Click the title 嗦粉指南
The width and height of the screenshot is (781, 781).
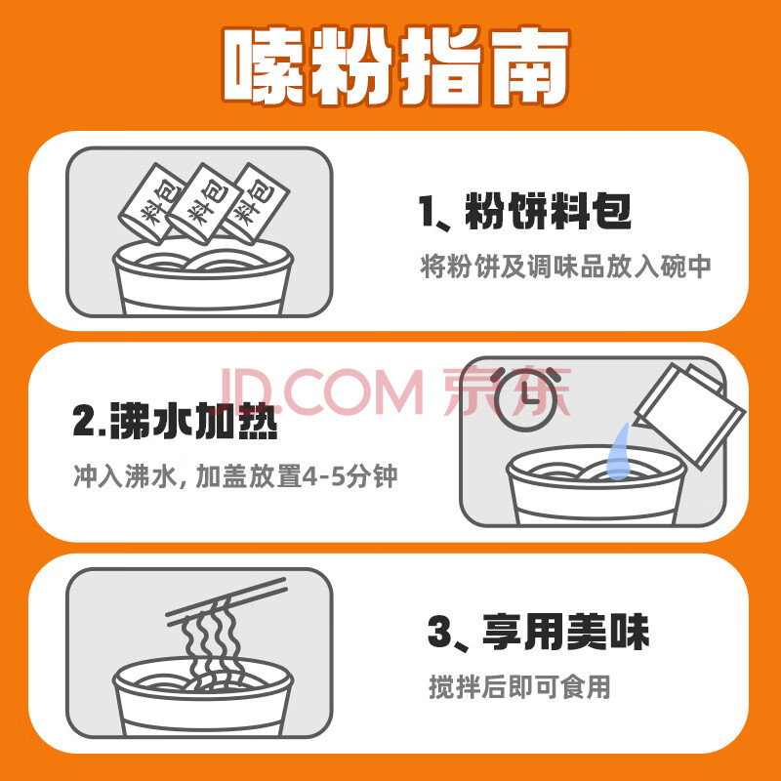[396, 66]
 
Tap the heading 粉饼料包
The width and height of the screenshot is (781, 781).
[549, 211]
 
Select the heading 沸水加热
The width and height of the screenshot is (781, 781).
[193, 421]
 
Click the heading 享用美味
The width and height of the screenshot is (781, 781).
[566, 632]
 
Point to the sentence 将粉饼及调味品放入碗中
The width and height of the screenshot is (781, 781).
[566, 267]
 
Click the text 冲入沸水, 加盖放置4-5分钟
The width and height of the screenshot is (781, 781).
[235, 476]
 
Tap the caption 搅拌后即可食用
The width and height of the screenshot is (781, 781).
[519, 687]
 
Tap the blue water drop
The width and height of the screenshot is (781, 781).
[619, 452]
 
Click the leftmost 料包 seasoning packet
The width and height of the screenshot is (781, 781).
[152, 203]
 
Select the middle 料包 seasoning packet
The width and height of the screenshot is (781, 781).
[199, 203]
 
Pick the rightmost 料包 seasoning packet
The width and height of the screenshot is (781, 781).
[254, 203]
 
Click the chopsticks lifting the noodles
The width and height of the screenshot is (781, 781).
[226, 601]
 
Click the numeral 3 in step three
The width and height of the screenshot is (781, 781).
[439, 632]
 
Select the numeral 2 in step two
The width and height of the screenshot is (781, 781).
[84, 421]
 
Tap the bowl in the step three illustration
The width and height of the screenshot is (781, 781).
[203, 697]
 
